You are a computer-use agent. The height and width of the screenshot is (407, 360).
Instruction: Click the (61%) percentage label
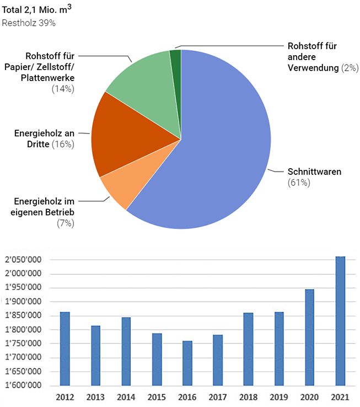tap(299, 182)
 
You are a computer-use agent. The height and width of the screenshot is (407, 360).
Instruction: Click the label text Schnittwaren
tap(314, 172)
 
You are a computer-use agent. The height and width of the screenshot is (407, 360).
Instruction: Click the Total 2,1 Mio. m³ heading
tap(37, 10)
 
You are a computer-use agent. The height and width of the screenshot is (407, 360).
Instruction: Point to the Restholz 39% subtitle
tap(29, 23)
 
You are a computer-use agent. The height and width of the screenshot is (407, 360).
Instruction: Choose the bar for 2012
tap(65, 349)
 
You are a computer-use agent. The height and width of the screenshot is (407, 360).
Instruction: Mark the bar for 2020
tap(310, 337)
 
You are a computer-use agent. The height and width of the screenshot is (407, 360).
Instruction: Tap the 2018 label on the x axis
tap(248, 397)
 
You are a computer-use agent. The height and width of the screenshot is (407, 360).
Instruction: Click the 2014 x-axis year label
tap(126, 397)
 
